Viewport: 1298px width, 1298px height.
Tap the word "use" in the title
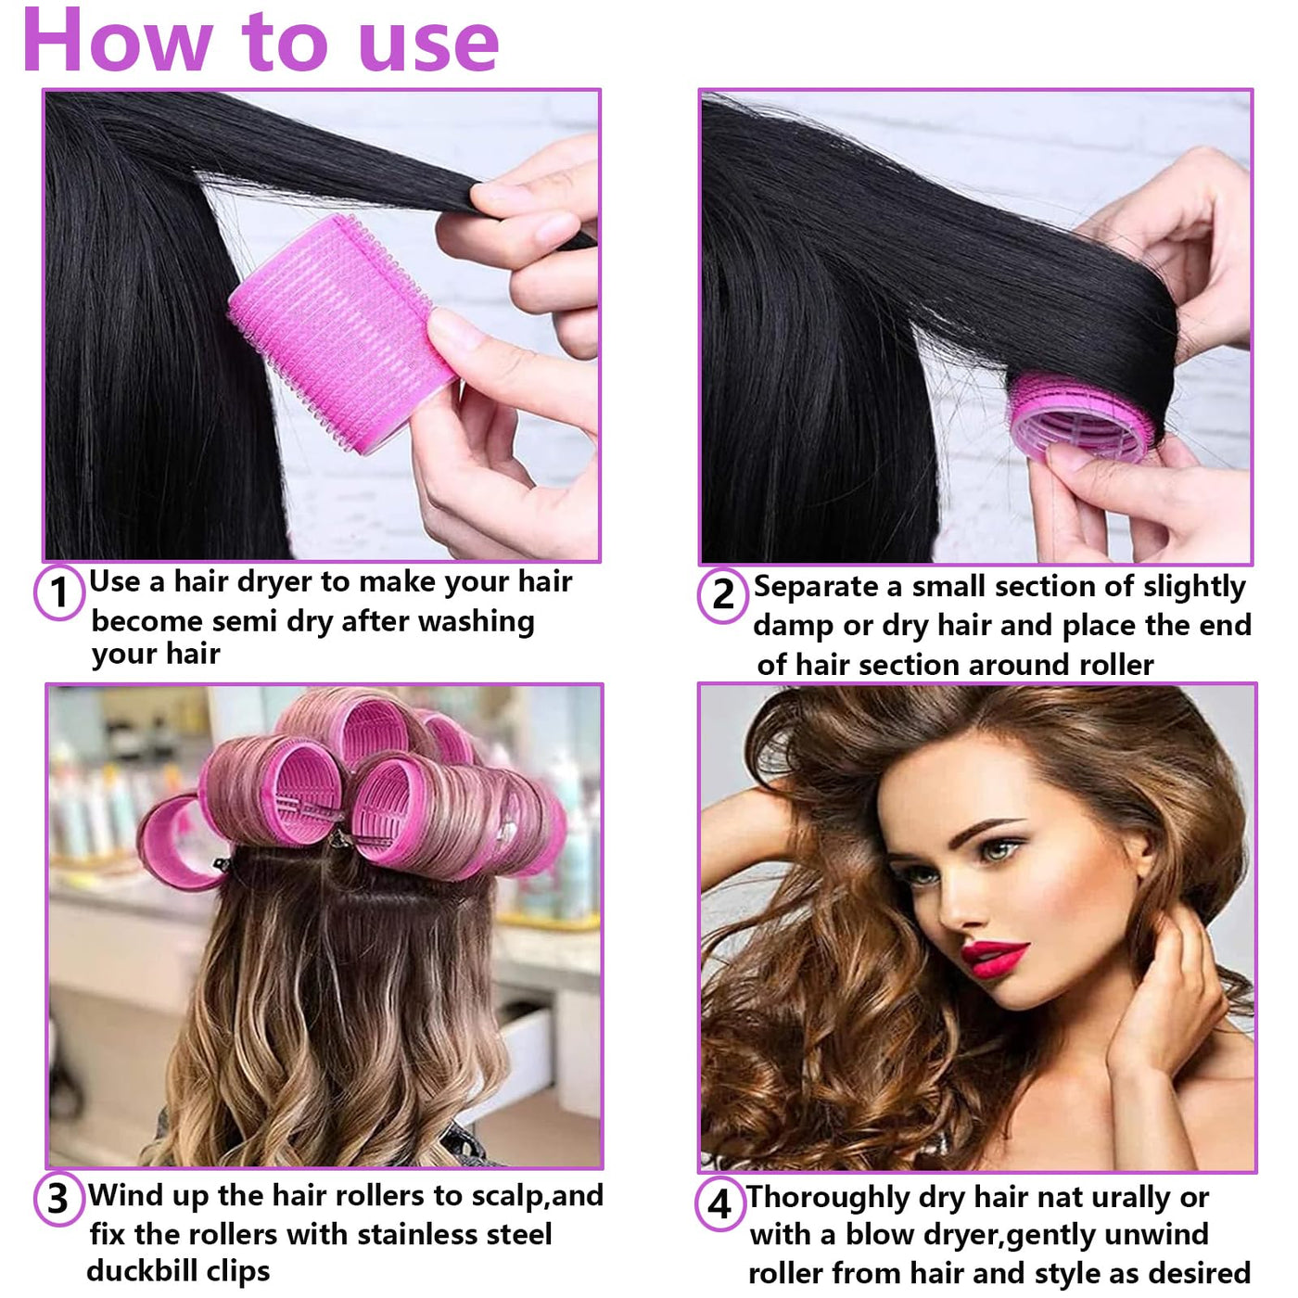[x=429, y=45]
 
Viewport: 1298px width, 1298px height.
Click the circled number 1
[x=59, y=592]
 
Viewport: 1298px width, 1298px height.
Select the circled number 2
[x=723, y=595]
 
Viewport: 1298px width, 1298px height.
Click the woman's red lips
[x=993, y=959]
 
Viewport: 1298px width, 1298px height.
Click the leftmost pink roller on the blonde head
[x=176, y=841]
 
